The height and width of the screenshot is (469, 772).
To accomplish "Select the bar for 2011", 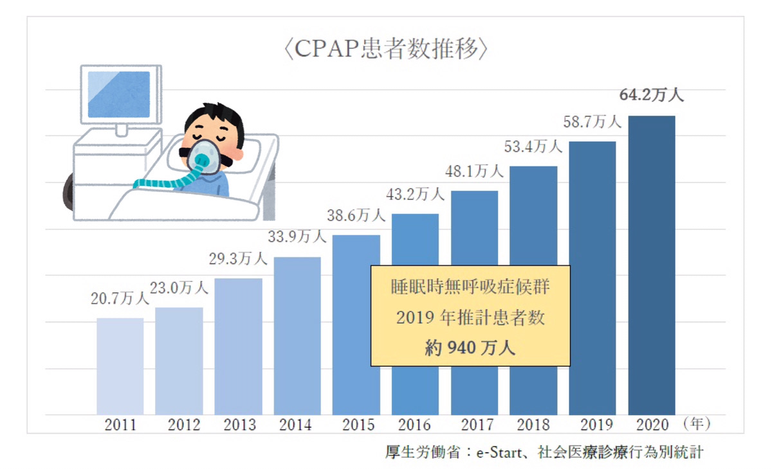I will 120,366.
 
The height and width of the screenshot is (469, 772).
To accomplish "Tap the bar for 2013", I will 238,347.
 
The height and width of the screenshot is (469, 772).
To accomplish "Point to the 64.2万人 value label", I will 652,96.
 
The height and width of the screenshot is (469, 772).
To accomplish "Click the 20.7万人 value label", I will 120,298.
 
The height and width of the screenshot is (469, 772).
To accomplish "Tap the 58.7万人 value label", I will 593,122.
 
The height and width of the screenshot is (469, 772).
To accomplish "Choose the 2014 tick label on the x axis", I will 297,425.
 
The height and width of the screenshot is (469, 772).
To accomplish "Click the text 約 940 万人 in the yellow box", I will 470,348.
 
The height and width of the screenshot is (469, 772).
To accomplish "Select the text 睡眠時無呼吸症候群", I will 470,287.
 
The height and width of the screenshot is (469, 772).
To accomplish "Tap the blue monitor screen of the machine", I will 118,94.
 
